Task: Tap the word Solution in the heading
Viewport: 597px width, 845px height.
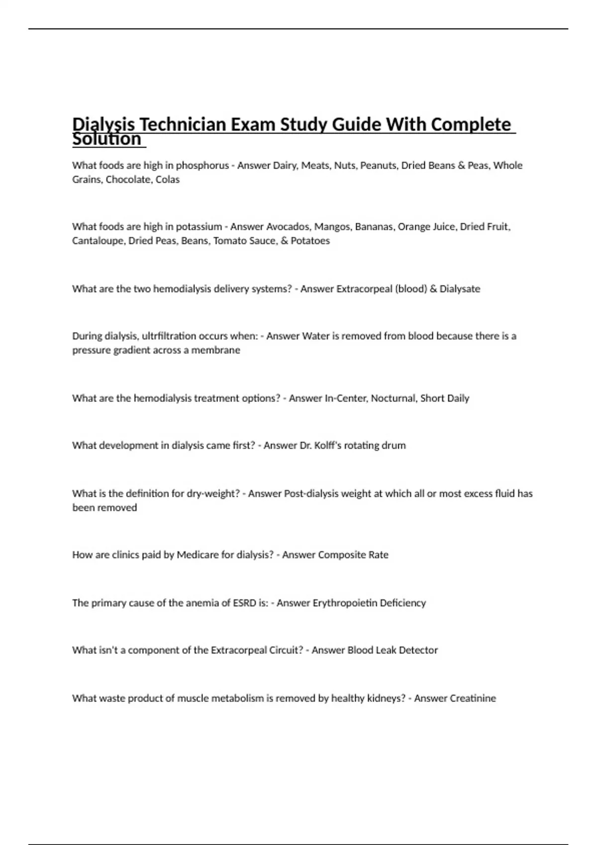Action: pos(107,139)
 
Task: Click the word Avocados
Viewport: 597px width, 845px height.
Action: pos(288,227)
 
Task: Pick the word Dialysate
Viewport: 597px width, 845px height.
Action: pos(460,289)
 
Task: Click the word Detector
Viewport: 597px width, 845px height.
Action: pos(418,650)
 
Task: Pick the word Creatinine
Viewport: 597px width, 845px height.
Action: pos(472,698)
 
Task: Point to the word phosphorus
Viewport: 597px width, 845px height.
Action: pos(202,166)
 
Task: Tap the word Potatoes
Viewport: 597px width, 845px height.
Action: pos(310,241)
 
